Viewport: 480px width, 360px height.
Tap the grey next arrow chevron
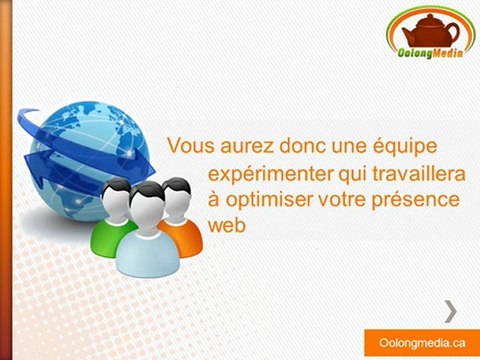click(451, 309)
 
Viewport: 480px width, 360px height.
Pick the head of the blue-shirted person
click(146, 200)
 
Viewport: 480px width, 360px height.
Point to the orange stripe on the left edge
click(5, 180)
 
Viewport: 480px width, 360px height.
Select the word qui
click(344, 172)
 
